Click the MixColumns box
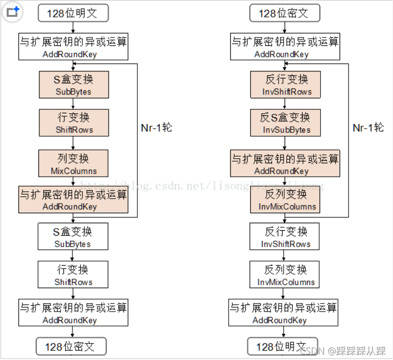coord(73,163)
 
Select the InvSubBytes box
coord(285,123)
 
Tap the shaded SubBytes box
coord(74,85)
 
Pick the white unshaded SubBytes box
coord(73,237)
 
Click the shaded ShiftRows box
coord(74,123)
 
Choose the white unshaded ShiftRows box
coord(73,275)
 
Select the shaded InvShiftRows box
coord(285,85)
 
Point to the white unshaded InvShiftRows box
coord(285,237)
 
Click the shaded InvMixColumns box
coord(285,200)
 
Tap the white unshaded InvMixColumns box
coord(285,275)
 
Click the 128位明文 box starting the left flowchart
coord(73,13)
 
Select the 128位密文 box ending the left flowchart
coord(71,347)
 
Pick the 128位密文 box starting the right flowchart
coord(285,13)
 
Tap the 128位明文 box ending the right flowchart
coord(283,347)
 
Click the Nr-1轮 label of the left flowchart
coord(157,128)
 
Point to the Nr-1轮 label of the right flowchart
coord(368,128)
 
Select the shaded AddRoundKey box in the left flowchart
coord(73,200)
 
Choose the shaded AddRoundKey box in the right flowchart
coord(285,163)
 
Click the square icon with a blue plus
coord(12,12)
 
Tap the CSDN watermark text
coord(343,351)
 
